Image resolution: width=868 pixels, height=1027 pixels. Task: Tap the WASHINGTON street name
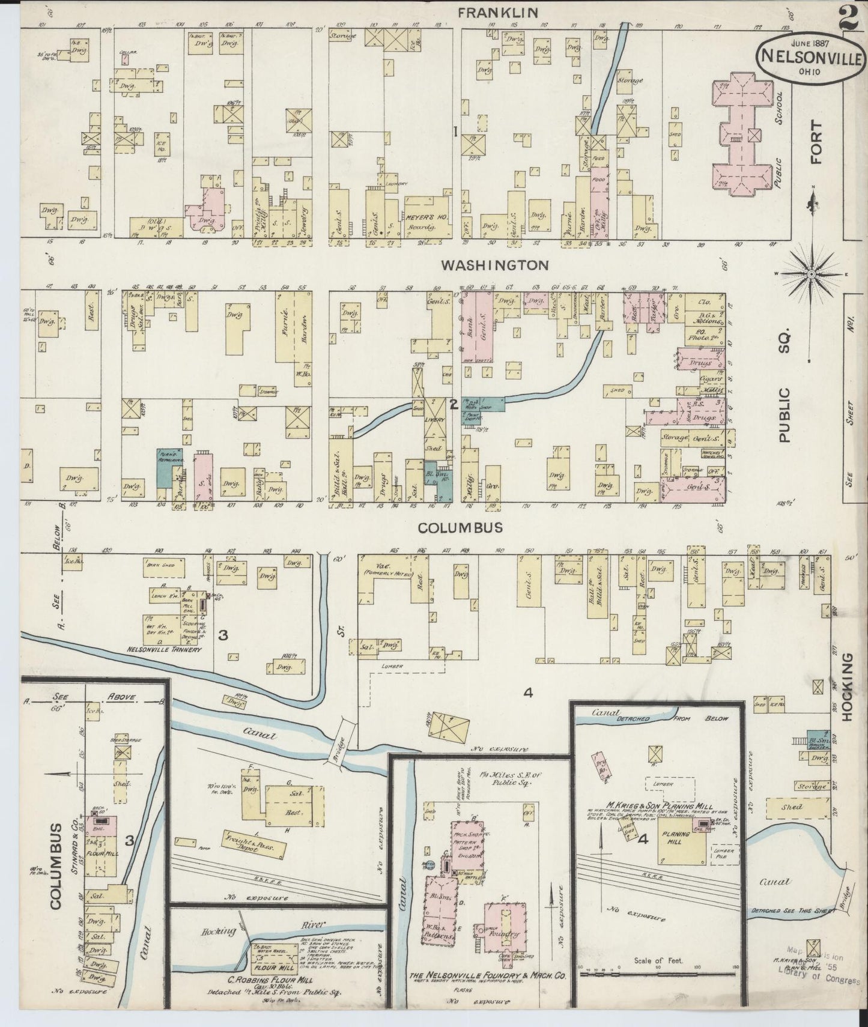(x=494, y=265)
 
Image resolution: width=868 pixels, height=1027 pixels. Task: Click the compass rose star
(x=811, y=274)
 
